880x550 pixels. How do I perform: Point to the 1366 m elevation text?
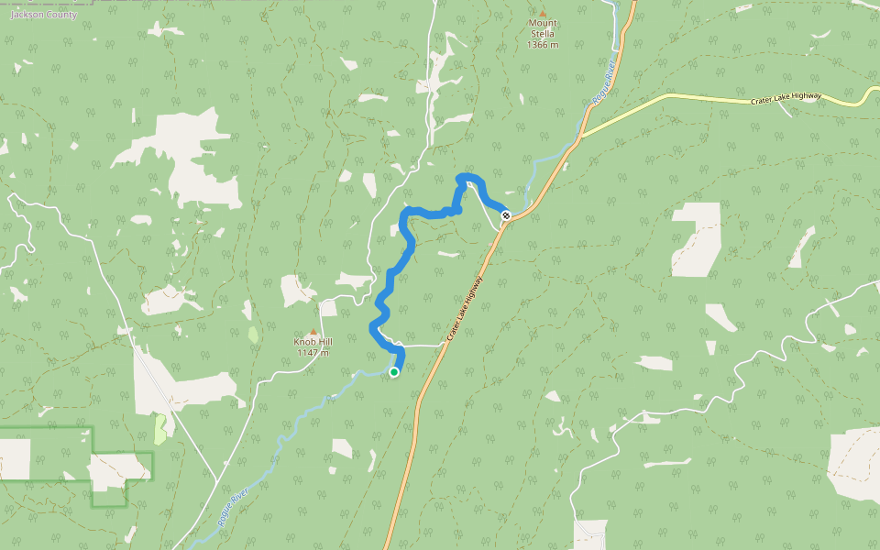[x=543, y=44]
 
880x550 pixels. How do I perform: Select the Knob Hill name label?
[x=313, y=342]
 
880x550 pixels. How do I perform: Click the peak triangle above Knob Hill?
[x=313, y=332]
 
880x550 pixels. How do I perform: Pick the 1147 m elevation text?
[x=313, y=353]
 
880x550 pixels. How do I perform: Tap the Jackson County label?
[x=38, y=15]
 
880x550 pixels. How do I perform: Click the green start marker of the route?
[x=394, y=372]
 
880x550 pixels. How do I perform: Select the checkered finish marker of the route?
[x=506, y=215]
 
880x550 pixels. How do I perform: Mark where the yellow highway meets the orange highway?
[x=579, y=138]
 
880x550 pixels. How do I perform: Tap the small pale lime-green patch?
[x=160, y=428]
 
